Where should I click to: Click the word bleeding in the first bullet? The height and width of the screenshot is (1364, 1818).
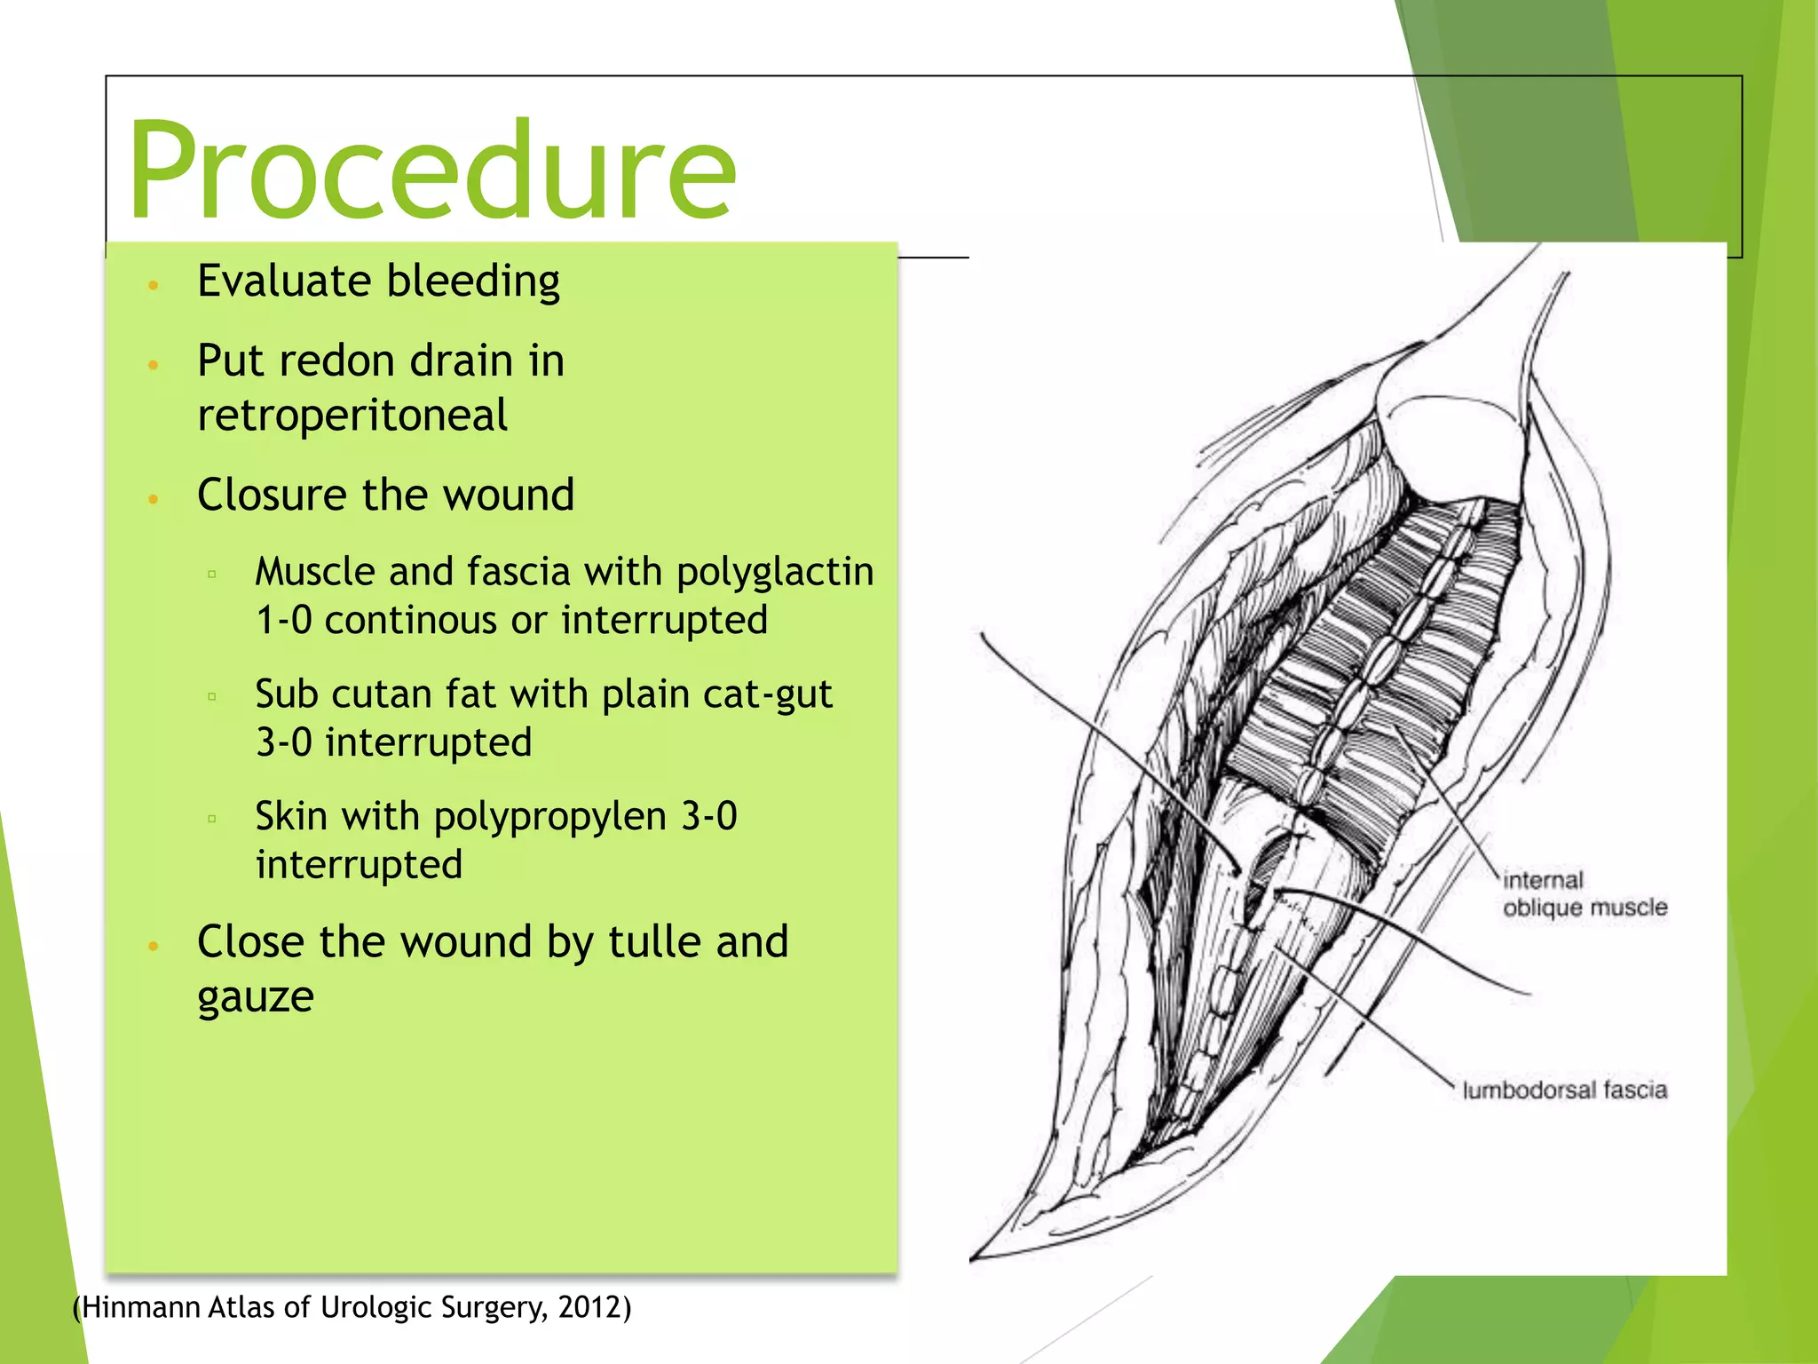[473, 282]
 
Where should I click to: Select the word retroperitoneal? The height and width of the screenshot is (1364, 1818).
[352, 416]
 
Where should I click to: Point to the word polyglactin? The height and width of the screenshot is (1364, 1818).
[775, 573]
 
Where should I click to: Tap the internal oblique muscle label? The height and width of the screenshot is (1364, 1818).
[1585, 894]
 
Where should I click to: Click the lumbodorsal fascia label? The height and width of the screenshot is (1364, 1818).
[1564, 1090]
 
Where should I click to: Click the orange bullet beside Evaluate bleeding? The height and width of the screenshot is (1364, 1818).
[154, 286]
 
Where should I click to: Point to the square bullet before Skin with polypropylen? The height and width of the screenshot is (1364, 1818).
[212, 819]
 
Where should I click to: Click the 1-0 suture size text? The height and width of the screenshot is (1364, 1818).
[284, 620]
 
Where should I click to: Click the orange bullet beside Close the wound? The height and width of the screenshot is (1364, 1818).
[154, 947]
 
